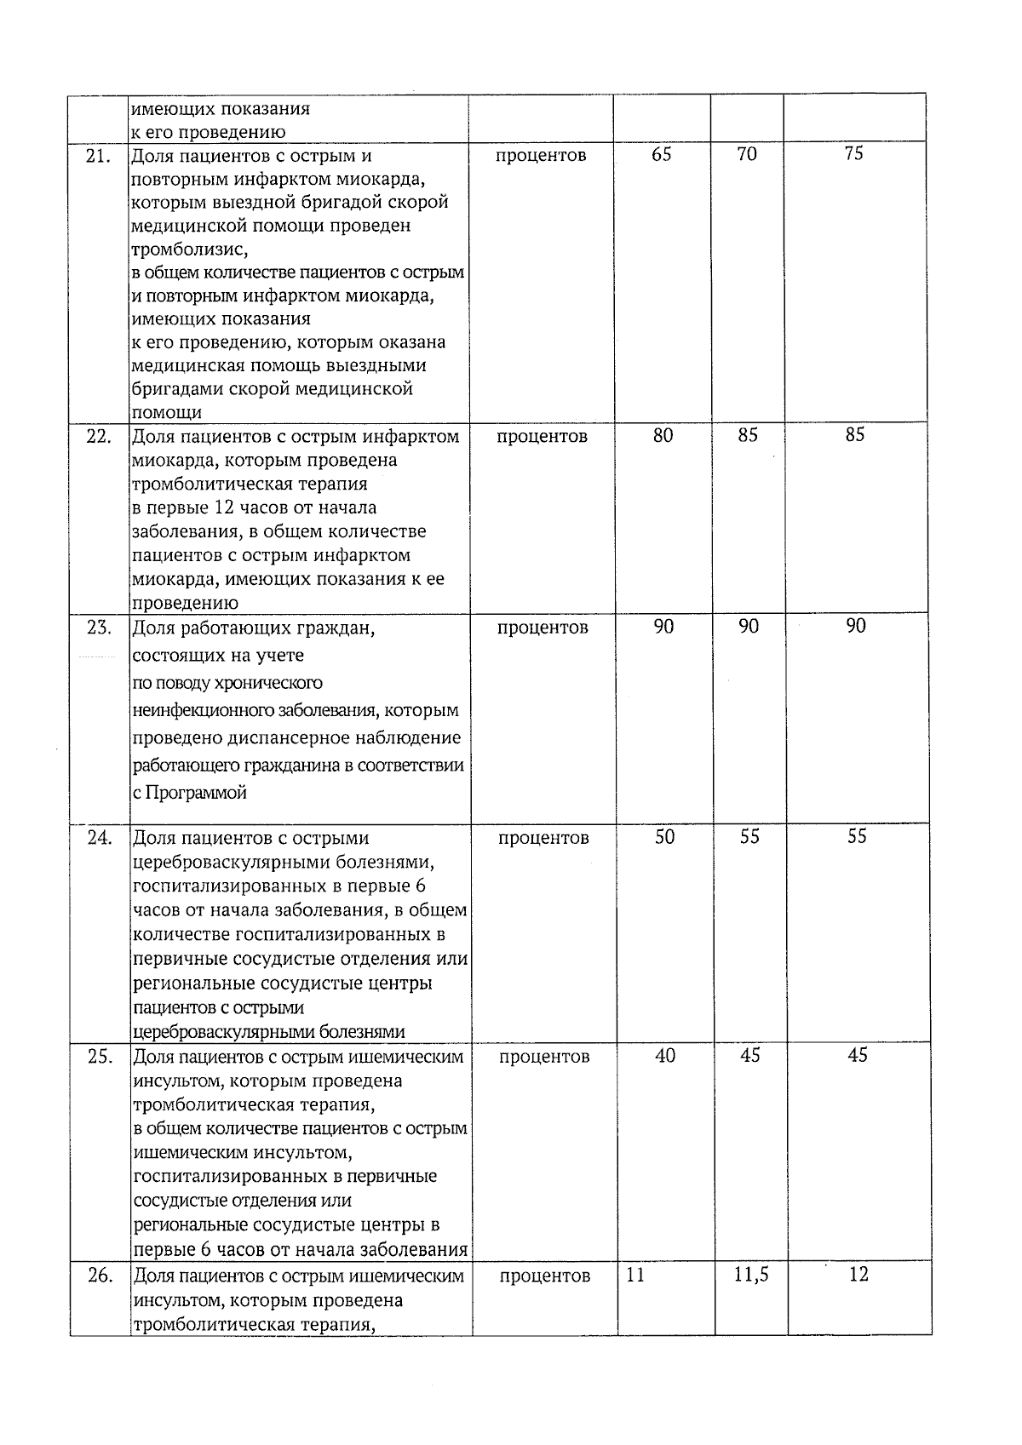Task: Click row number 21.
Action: [x=100, y=156]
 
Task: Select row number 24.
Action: [x=100, y=838]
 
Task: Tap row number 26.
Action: [x=100, y=1276]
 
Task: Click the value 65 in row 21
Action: [x=661, y=154]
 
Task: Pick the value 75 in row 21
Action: [x=853, y=153]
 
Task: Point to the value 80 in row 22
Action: [x=663, y=435]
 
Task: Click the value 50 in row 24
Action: [x=664, y=837]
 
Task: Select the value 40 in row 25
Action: [x=665, y=1056]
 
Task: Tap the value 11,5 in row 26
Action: [x=751, y=1276]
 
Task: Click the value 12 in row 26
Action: [x=858, y=1275]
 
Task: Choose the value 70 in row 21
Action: [x=747, y=154]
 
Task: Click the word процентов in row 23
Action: [x=543, y=628]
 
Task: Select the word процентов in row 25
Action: [x=544, y=1058]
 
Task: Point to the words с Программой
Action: [x=190, y=793]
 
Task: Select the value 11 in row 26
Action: [x=635, y=1276]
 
